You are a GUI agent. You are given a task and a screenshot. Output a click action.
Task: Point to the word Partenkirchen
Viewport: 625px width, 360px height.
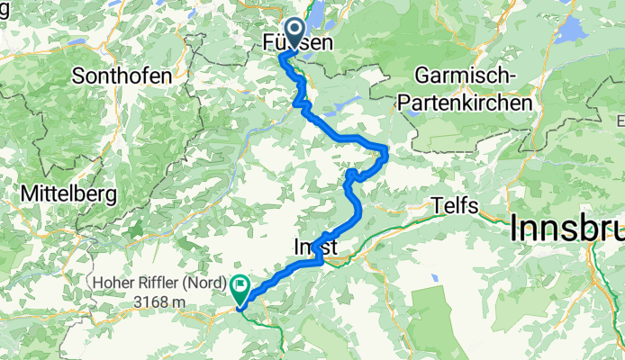[466, 103]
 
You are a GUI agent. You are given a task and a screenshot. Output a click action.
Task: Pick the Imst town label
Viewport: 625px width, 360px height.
[315, 246]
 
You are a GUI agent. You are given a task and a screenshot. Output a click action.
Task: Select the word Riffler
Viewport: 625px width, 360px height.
[162, 283]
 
